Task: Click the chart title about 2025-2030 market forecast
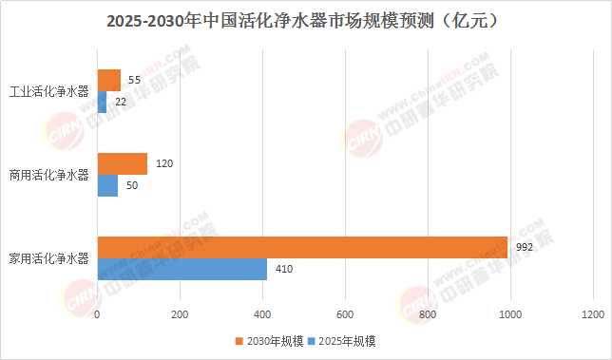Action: tap(302, 21)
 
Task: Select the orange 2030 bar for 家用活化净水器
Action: tap(302, 247)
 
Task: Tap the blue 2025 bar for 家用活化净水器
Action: tap(182, 269)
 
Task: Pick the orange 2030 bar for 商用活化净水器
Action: tap(123, 163)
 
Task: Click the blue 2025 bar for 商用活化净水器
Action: tap(107, 185)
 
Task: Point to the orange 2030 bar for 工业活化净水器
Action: tap(109, 81)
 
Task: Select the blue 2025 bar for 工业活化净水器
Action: tap(102, 103)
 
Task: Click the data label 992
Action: tap(525, 247)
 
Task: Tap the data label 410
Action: tap(284, 269)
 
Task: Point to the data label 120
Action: tap(164, 163)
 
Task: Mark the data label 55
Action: tap(134, 80)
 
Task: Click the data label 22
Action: tap(121, 102)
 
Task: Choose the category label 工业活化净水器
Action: tap(49, 91)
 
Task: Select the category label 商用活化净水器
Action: tap(49, 175)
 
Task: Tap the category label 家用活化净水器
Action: tap(49, 258)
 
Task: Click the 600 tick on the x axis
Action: tap(345, 314)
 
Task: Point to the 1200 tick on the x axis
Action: tap(593, 314)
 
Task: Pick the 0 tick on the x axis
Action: tap(97, 314)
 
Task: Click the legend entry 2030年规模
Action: tap(269, 341)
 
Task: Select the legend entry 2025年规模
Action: tap(341, 341)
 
